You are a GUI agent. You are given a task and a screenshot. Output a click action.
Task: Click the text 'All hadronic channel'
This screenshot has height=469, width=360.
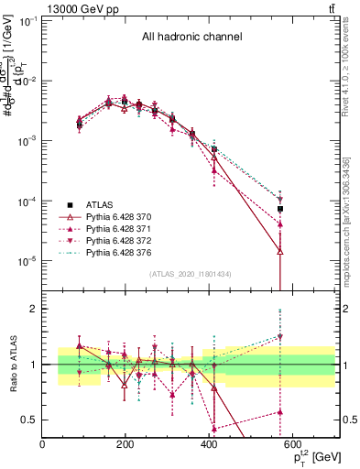coord(191,38)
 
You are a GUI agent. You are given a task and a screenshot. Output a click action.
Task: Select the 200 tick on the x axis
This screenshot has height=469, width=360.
coord(125,444)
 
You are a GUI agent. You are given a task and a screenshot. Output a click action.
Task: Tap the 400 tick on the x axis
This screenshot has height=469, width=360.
coord(209,444)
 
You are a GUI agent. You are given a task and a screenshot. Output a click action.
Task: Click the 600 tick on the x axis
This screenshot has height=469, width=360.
coord(292,444)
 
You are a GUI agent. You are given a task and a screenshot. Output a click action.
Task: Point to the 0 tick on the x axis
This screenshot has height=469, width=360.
coord(43,444)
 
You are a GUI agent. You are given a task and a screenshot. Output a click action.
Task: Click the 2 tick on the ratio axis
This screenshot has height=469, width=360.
coord(34,309)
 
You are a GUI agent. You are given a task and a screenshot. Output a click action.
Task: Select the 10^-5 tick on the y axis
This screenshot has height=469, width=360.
coord(27,261)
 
